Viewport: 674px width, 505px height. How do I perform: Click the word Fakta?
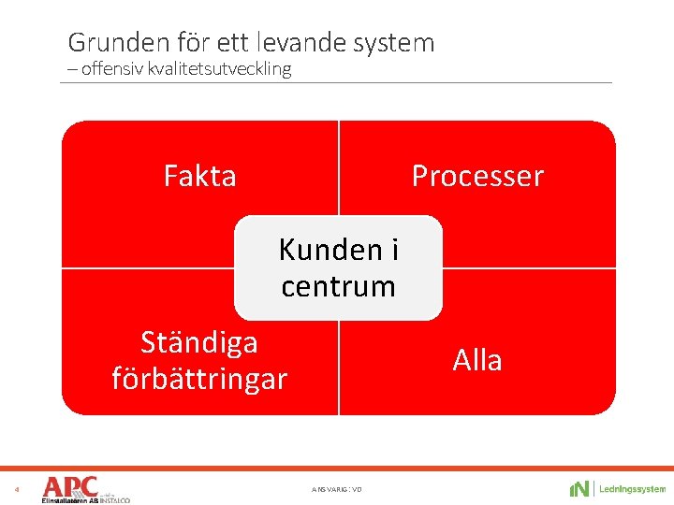point(199,176)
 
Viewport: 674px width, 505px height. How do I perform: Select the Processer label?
point(477,176)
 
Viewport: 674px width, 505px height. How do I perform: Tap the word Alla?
point(477,360)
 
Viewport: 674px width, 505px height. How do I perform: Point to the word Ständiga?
point(198,342)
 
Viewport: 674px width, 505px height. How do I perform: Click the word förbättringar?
point(198,379)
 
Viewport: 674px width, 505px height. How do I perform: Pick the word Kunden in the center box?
point(330,250)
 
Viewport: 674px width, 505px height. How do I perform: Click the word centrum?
point(338,286)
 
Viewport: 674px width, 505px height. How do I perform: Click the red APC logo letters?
point(70,486)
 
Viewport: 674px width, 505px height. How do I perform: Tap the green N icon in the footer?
point(579,489)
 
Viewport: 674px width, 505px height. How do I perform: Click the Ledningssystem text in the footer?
point(632,489)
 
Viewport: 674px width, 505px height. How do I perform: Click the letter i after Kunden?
point(394,250)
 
